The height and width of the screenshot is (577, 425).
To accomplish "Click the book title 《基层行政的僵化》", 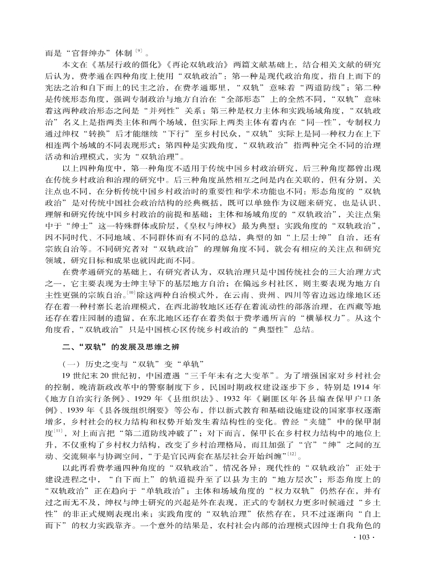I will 115,64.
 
